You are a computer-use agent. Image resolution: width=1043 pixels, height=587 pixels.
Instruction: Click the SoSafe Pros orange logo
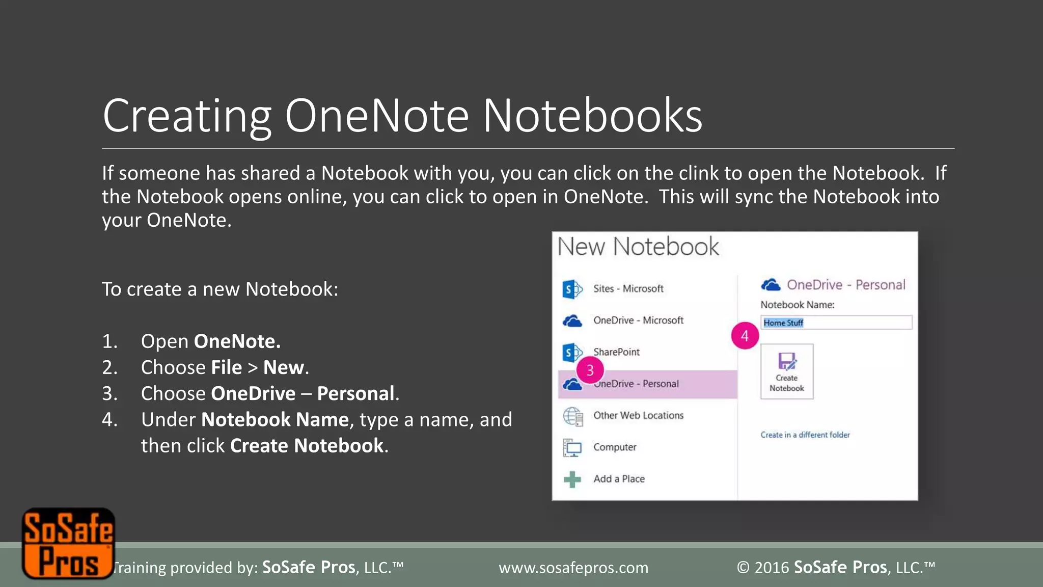(68, 544)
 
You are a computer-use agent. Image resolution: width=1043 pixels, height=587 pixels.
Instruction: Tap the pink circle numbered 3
(590, 370)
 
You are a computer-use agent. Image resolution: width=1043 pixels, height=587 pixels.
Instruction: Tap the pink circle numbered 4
(745, 336)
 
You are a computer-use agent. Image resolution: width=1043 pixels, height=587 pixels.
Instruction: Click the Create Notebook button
(786, 371)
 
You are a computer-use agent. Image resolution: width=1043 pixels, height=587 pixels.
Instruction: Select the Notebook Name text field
(836, 323)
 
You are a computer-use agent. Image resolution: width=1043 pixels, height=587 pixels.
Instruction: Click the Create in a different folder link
(805, 435)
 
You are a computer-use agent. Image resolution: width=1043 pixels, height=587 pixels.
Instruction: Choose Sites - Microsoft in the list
(628, 289)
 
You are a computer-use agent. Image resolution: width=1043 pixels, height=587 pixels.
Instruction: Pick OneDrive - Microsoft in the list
(638, 321)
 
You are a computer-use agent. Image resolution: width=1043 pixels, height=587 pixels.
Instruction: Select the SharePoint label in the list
(616, 352)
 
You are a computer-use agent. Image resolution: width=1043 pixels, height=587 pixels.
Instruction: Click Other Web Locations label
(638, 415)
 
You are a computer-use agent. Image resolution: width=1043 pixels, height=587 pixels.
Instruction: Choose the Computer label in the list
(615, 447)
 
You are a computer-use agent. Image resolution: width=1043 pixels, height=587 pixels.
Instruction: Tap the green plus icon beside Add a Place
(572, 479)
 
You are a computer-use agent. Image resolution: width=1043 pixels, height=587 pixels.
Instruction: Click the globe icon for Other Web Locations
(572, 416)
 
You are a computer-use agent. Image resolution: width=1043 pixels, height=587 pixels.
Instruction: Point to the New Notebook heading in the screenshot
(638, 247)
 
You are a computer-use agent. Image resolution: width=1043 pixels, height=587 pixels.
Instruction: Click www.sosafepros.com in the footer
(573, 568)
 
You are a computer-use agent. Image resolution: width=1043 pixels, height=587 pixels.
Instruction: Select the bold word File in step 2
(227, 367)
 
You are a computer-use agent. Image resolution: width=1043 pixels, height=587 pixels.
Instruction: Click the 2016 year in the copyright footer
(772, 568)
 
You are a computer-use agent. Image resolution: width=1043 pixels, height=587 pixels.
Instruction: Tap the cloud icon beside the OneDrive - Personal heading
(771, 285)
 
